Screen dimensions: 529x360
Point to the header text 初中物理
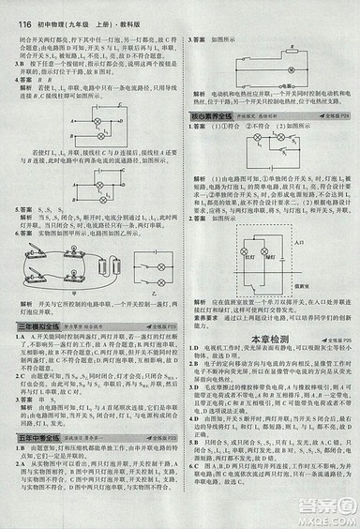point(47,8)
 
